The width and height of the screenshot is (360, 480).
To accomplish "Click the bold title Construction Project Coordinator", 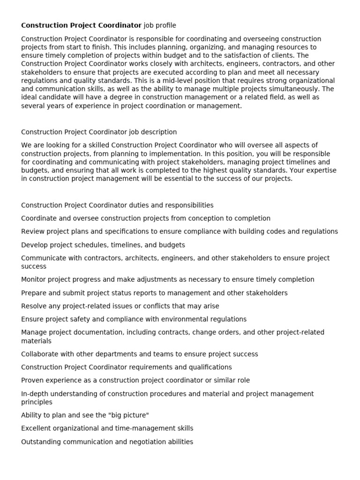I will click(x=81, y=25).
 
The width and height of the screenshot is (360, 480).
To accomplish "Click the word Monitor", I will click(x=34, y=279).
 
